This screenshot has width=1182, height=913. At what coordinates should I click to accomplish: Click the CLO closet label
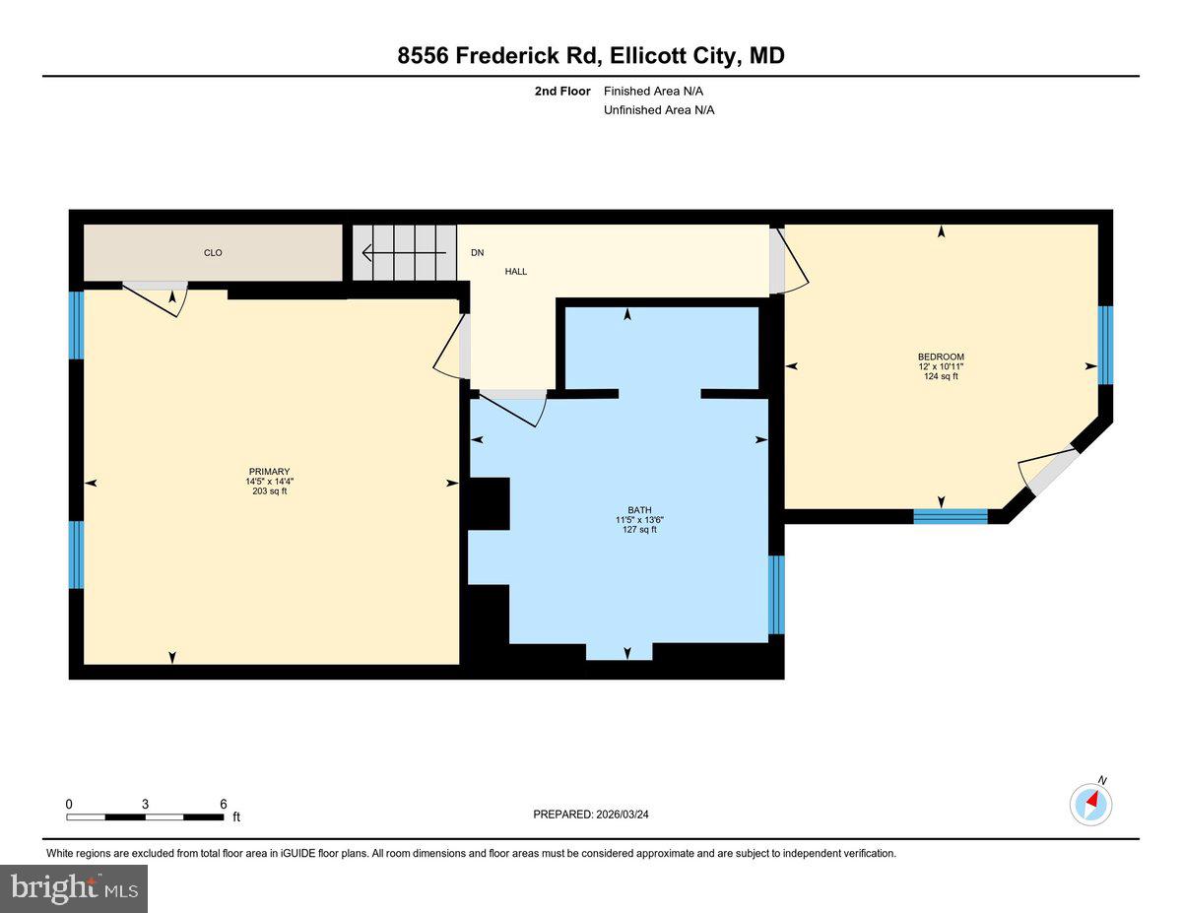click(213, 253)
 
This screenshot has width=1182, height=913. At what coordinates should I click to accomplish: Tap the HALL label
click(516, 271)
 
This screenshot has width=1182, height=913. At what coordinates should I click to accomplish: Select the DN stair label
click(478, 253)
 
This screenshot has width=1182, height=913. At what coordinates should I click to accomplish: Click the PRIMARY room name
click(269, 471)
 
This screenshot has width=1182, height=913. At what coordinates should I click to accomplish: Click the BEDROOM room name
click(941, 357)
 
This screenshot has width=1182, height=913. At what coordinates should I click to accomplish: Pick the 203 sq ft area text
click(269, 490)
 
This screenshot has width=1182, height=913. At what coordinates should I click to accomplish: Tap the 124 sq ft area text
click(941, 376)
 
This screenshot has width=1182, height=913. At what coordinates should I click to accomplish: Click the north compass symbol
click(1091, 804)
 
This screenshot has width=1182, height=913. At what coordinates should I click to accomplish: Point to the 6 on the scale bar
click(224, 804)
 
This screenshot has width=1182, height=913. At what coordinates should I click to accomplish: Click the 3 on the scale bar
click(146, 804)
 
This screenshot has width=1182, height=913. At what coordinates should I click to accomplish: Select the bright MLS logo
click(74, 888)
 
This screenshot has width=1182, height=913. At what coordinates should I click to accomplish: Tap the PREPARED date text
click(591, 815)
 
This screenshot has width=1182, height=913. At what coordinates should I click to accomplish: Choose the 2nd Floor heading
click(562, 91)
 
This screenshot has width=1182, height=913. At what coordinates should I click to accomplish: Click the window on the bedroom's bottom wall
click(951, 515)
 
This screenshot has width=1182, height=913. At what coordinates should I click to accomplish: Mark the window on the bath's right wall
click(776, 594)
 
